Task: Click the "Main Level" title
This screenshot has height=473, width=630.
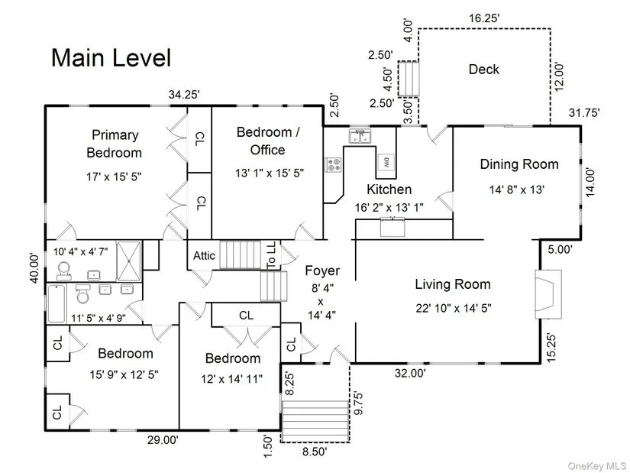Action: [111, 57]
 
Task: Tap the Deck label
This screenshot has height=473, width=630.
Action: [483, 70]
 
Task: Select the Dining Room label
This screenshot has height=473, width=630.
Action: [519, 164]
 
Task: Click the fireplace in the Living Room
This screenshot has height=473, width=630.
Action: [548, 294]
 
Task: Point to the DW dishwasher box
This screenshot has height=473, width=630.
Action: [386, 163]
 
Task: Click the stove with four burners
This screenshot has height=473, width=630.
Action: [333, 164]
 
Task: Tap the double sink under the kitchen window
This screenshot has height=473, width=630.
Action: [360, 136]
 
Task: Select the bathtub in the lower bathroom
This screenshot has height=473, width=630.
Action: [57, 303]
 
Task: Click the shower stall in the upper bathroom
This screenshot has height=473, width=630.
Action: [128, 261]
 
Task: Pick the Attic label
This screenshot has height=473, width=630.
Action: [204, 255]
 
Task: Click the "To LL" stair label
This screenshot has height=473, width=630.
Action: [271, 255]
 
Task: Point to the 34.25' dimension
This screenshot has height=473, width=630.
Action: [184, 95]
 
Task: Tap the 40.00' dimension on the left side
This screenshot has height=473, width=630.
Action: [35, 268]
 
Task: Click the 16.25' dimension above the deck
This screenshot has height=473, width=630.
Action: [484, 18]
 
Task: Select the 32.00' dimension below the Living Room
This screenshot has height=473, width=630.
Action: [410, 373]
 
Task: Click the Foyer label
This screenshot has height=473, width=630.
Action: [322, 271]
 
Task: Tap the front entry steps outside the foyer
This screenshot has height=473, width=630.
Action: [315, 421]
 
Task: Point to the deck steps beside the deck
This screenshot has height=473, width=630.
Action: [409, 79]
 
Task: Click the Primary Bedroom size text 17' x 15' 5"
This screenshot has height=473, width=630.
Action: [114, 177]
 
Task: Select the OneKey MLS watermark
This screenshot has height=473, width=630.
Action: [596, 466]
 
